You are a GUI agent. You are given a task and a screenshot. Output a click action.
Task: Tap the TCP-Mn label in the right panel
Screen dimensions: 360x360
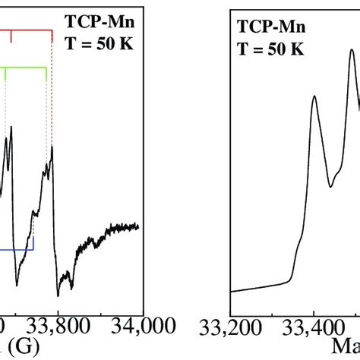(271, 28)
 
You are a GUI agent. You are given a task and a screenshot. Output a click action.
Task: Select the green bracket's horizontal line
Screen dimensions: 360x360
(27, 68)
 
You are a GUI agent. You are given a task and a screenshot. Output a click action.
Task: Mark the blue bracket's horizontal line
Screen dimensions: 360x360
(17, 249)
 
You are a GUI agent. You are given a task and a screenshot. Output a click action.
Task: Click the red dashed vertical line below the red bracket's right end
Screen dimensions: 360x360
(52, 91)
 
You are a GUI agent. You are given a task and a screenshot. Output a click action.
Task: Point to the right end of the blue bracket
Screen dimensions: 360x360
(33, 248)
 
